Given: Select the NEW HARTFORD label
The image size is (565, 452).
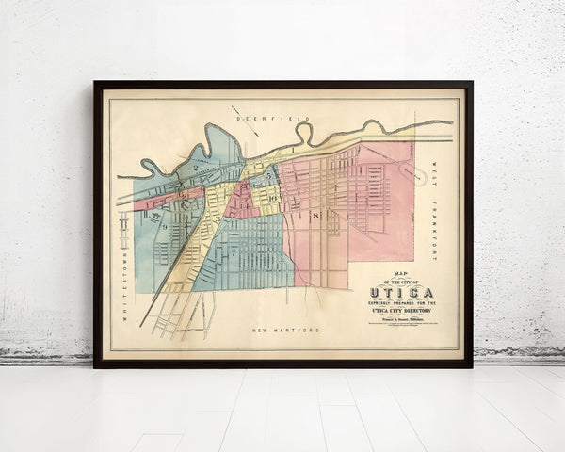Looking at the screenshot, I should [286, 331].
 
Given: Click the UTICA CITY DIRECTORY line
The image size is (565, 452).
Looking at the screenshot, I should [399, 309].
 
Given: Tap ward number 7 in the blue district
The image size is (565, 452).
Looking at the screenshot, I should [233, 253].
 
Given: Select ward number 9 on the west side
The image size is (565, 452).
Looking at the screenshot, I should [164, 226].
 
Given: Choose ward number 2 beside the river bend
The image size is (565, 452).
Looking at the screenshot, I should [196, 168].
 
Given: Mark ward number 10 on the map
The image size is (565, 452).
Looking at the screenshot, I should [272, 198].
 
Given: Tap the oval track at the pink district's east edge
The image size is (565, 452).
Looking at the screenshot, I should [412, 171].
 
